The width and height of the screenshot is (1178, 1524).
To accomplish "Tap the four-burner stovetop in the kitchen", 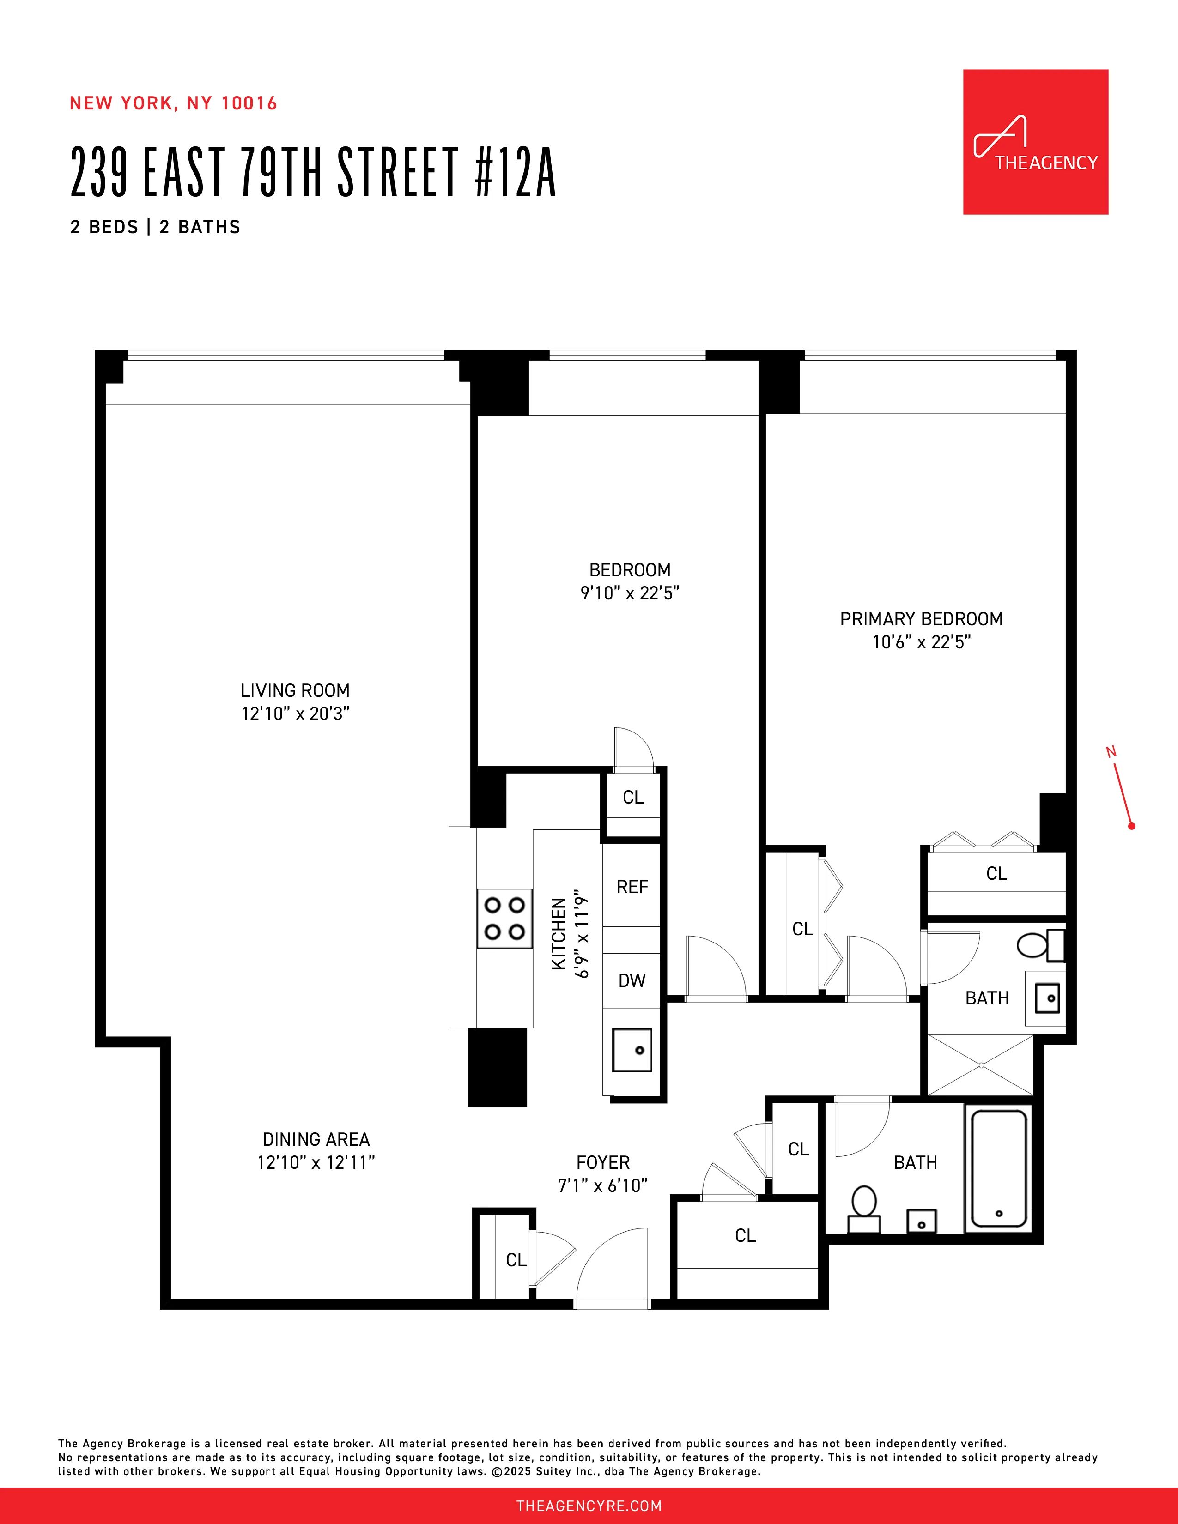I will pyautogui.click(x=504, y=918).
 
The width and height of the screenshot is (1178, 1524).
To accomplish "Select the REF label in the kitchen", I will pyautogui.click(x=632, y=887).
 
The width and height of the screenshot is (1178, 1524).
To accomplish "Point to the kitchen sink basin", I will pyautogui.click(x=632, y=1050).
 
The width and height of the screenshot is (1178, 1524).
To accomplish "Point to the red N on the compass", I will pyautogui.click(x=1111, y=751).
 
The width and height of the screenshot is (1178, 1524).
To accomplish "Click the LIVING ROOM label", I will pyautogui.click(x=295, y=691).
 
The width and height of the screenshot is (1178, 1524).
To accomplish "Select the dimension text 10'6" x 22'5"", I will pyautogui.click(x=921, y=642).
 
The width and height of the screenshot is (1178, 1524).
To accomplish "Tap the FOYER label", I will pyautogui.click(x=603, y=1162).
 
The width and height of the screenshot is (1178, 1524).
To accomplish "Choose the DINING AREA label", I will pyautogui.click(x=316, y=1139).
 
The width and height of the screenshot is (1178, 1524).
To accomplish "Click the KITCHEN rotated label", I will pyautogui.click(x=559, y=934).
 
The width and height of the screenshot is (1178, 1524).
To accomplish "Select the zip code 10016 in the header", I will pyautogui.click(x=249, y=103).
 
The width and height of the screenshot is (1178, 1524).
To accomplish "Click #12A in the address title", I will pyautogui.click(x=515, y=172).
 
